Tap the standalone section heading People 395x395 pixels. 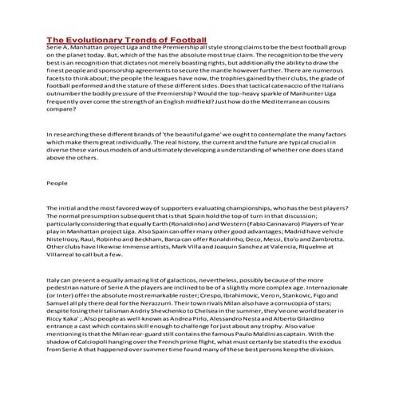pyautogui.click(x=57, y=183)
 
